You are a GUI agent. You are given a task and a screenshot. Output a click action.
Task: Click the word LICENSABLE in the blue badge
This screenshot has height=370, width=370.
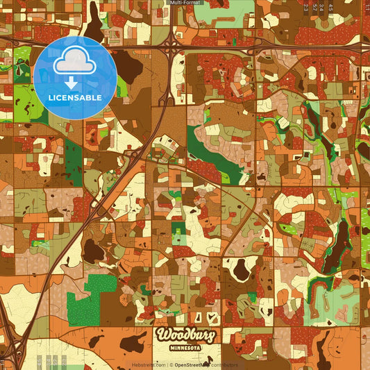[75, 97]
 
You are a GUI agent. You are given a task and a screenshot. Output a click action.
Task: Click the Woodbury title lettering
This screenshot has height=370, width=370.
[185, 335]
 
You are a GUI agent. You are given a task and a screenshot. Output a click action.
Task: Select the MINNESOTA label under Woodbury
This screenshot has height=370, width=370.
[185, 347]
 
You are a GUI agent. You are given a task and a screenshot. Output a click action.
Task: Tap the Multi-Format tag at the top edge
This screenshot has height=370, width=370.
[185, 3]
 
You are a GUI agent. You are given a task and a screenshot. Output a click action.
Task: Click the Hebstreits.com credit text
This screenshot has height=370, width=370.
[149, 364]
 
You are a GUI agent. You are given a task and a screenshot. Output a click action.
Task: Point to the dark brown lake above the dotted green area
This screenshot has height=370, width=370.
[93, 251]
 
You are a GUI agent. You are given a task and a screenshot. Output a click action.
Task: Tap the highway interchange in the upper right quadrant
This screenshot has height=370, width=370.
[257, 49]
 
